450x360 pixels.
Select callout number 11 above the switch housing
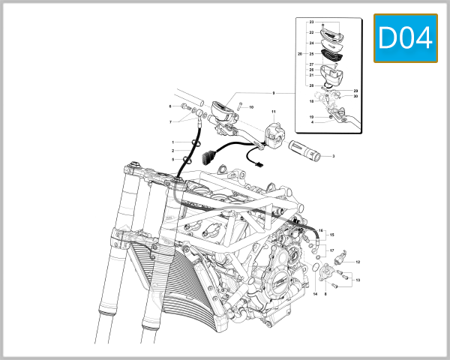click(274, 112)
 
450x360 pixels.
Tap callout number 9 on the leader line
click(274, 93)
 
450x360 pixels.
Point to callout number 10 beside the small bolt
click(251, 107)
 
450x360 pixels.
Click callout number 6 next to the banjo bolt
click(170, 106)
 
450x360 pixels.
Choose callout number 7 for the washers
click(170, 121)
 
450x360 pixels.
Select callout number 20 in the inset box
click(300, 54)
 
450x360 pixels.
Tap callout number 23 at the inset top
click(311, 24)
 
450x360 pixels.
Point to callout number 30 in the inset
click(355, 97)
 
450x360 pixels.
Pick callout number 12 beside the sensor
click(358, 262)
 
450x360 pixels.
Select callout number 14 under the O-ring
click(315, 294)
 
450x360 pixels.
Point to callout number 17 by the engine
click(331, 250)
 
